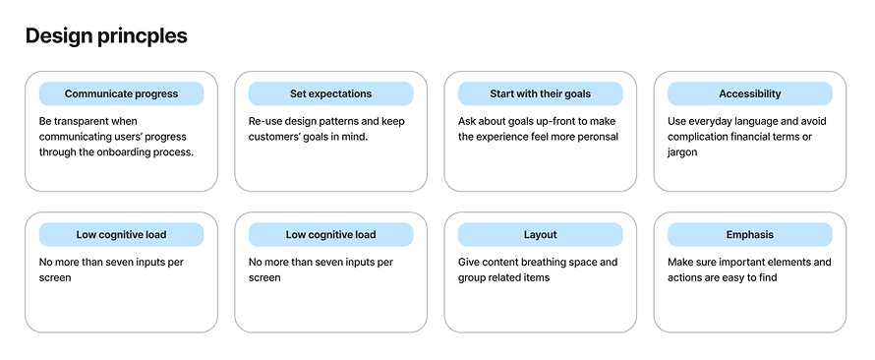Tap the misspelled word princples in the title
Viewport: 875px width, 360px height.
tap(144, 37)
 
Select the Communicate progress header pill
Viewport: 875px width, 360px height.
tap(121, 93)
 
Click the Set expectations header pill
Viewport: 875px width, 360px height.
tap(330, 93)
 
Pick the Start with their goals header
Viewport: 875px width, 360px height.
tap(540, 93)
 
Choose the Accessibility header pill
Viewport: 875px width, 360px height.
tap(749, 93)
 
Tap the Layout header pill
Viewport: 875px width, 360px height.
tap(540, 235)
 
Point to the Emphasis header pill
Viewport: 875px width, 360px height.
tap(749, 235)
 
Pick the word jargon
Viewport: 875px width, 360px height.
tap(682, 152)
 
